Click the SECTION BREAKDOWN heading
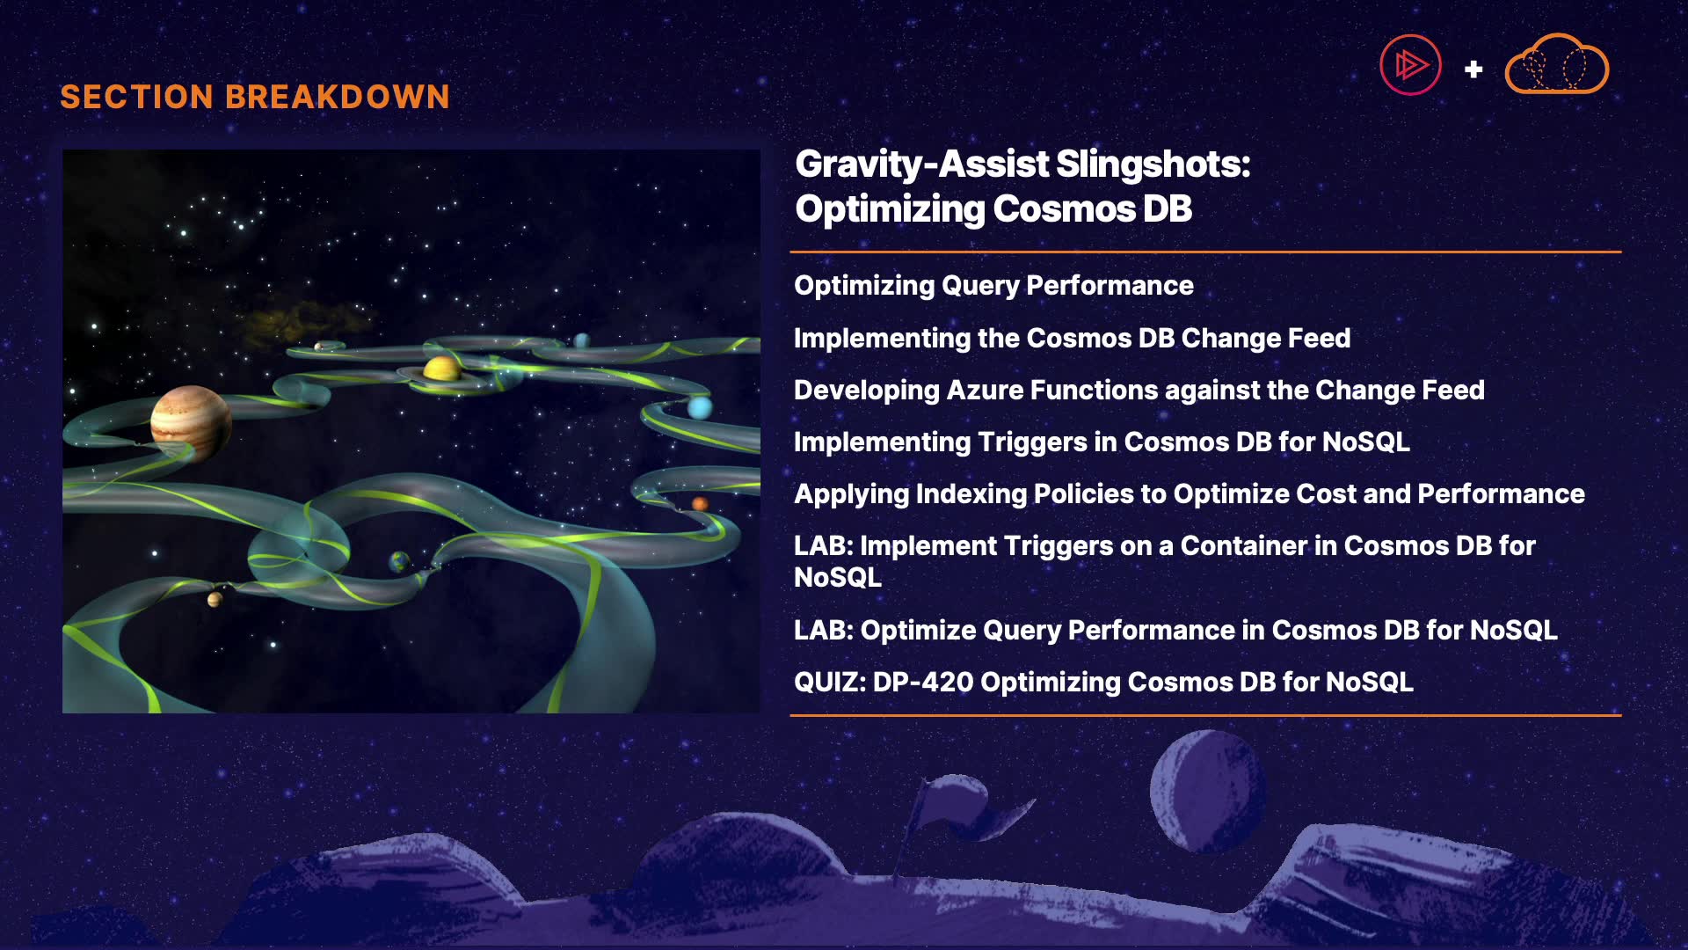[x=255, y=97]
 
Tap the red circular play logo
[x=1410, y=65]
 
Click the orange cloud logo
[x=1557, y=64]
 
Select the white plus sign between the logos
[x=1473, y=69]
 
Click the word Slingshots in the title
[x=1153, y=164]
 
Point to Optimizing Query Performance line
[x=993, y=286]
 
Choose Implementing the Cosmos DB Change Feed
[x=1072, y=338]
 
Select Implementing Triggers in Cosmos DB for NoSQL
[x=1102, y=442]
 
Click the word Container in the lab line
[x=1243, y=546]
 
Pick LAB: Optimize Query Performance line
[x=1175, y=630]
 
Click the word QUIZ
[x=830, y=683]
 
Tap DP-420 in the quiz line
[x=922, y=683]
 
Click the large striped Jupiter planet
[x=191, y=422]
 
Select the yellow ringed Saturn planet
[x=441, y=369]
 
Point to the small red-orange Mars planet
[x=700, y=504]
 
